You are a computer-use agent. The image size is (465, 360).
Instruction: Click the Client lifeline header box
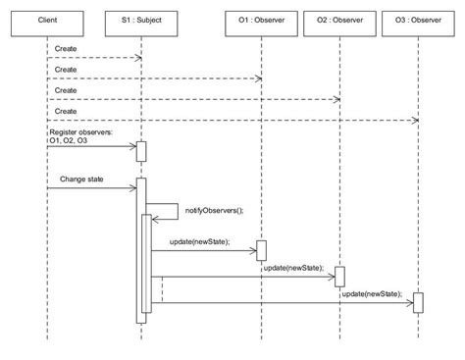click(47, 21)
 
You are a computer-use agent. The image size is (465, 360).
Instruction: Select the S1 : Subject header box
click(140, 21)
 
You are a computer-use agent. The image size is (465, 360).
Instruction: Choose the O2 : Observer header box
click(339, 21)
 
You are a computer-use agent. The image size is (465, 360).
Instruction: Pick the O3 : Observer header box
click(418, 21)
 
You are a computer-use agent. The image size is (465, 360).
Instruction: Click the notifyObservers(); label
click(213, 210)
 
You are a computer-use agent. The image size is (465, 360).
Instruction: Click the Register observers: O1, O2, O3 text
click(79, 135)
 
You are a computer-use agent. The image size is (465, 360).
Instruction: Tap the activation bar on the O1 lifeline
click(262, 251)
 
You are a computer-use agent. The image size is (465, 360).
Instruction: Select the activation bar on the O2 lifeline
click(339, 277)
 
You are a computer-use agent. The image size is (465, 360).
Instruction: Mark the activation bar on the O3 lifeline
click(418, 302)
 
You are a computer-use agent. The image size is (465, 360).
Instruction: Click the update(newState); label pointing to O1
click(199, 241)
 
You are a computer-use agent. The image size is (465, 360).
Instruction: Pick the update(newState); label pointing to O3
click(373, 292)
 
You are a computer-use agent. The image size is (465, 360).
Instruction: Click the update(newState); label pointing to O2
click(293, 267)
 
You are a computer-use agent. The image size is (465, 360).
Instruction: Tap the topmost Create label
click(66, 48)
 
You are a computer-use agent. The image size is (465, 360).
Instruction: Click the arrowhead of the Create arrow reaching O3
click(414, 121)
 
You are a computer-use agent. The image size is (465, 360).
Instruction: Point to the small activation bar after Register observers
click(141, 152)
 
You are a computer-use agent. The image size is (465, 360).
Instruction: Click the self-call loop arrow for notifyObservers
click(177, 212)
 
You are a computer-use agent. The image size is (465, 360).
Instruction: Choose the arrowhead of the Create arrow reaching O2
click(336, 99)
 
